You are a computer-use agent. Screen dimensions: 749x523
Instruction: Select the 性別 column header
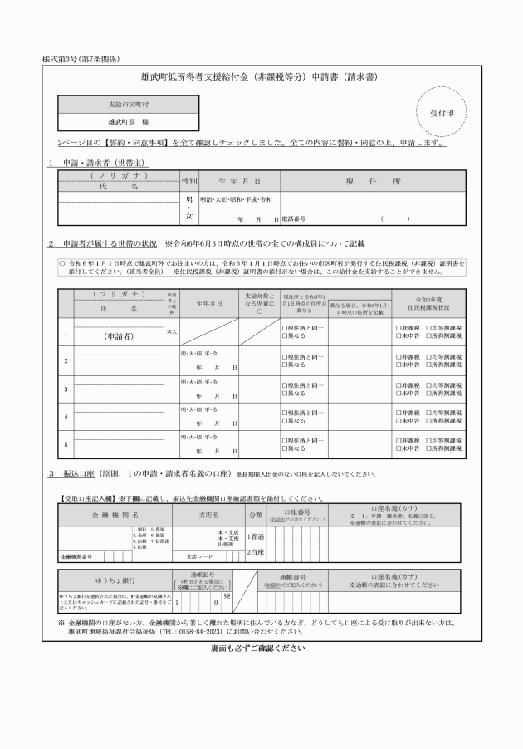[189, 179]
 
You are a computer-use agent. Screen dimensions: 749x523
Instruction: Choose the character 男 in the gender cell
[189, 200]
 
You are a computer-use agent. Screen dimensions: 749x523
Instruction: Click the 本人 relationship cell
[172, 331]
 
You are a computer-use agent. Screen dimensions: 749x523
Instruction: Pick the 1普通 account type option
[256, 536]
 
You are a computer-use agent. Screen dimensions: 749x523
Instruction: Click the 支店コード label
[200, 556]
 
